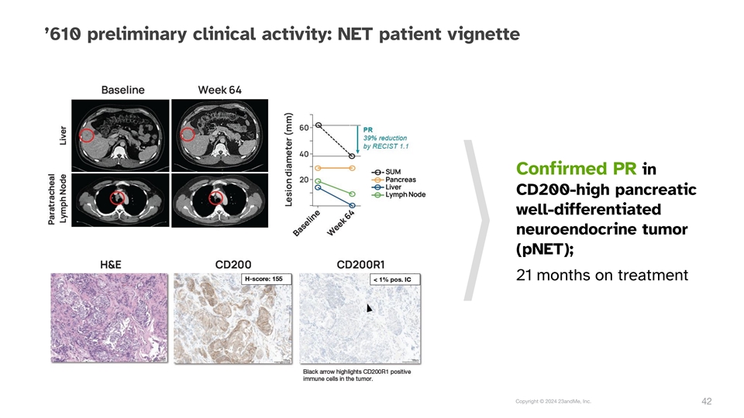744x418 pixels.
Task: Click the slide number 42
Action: tap(707, 402)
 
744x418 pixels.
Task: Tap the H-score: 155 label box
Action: tap(267, 279)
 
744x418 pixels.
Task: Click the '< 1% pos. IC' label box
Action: tap(394, 279)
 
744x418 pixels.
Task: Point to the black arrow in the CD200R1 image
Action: tap(369, 308)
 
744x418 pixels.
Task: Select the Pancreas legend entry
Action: tap(394, 180)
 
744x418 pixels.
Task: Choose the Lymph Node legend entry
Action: tap(398, 195)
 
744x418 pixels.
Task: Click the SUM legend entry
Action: tap(386, 172)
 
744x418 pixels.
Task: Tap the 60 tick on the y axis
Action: tap(304, 128)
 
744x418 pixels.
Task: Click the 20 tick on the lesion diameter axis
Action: tap(304, 180)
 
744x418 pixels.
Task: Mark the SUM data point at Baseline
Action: tap(319, 125)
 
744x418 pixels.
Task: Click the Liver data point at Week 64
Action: tap(352, 206)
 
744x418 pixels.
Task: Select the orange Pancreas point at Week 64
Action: tap(352, 168)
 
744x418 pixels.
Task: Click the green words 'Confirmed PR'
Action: tap(576, 169)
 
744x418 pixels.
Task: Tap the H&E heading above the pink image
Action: tap(110, 265)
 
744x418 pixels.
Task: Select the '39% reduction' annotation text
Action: tap(385, 138)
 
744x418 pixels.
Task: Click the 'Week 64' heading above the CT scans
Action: tap(219, 90)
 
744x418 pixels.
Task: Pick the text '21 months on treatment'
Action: tap(601, 275)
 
